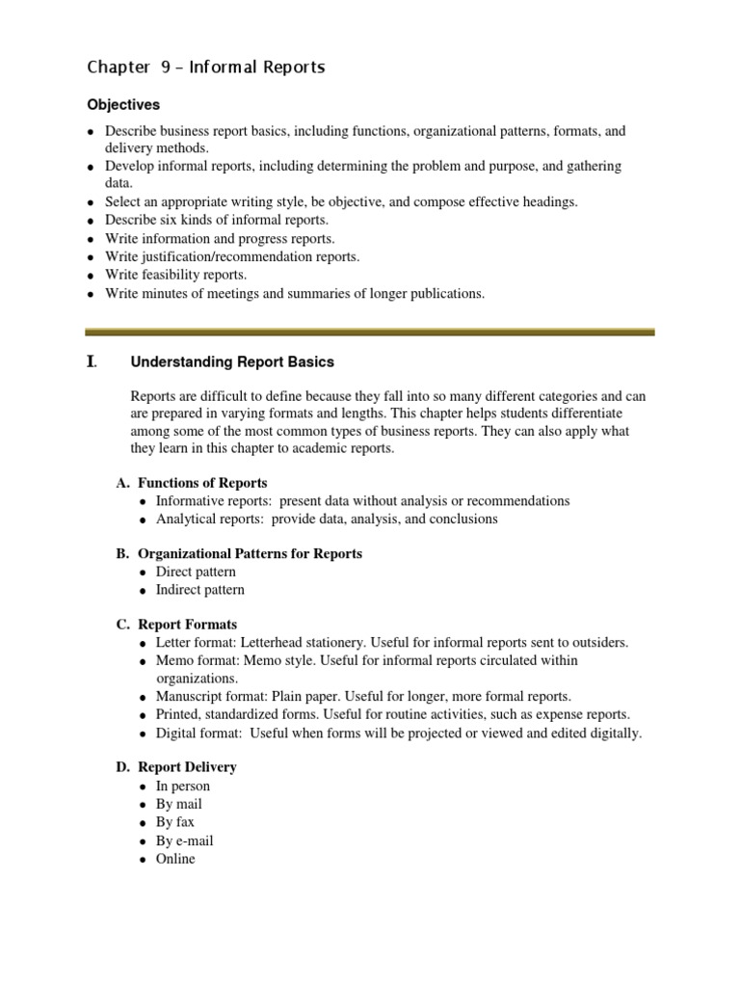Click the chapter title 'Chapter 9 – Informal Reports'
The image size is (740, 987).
point(206,67)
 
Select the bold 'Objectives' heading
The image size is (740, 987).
point(123,104)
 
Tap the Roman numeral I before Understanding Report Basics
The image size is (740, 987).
point(92,362)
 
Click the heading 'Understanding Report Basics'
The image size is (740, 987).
point(232,362)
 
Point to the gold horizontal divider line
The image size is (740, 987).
point(370,332)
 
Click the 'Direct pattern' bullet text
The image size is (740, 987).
point(196,572)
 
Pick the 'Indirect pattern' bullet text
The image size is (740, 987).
point(200,590)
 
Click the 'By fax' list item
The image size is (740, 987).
point(175,822)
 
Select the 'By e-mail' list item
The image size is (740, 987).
point(185,840)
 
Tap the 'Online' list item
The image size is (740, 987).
point(175,859)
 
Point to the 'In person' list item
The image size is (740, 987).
point(183,786)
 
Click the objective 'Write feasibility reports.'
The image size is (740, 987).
point(176,275)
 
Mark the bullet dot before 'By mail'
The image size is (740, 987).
point(143,805)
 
